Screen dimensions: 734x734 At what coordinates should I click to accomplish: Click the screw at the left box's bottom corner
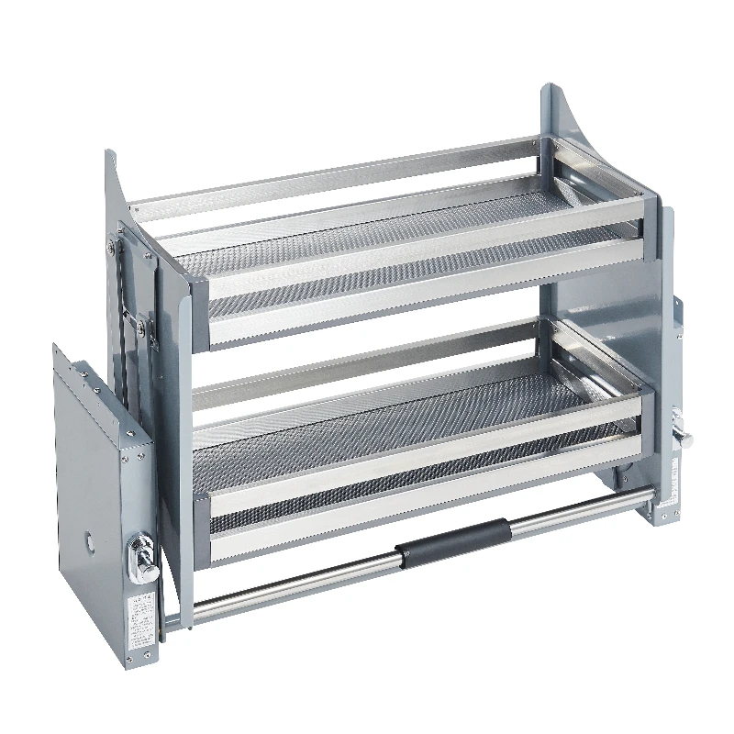coord(128,660)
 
